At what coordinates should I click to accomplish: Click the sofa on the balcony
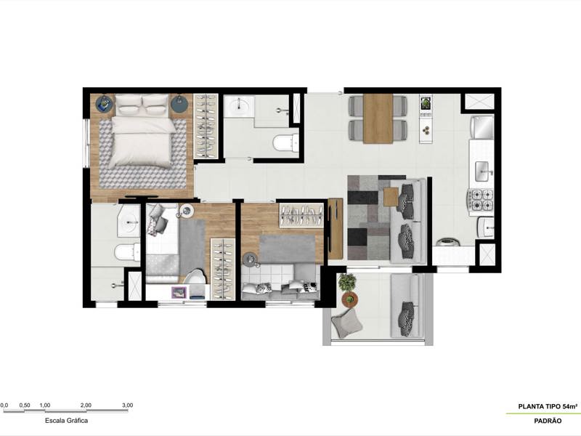(407, 305)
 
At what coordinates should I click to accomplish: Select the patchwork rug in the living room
(370, 218)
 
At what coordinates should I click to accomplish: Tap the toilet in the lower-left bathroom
(128, 252)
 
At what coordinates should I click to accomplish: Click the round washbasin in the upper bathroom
(238, 108)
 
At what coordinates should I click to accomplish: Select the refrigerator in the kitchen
(483, 129)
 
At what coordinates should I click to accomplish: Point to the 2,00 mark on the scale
(86, 405)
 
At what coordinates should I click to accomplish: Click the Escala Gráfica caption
(66, 420)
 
